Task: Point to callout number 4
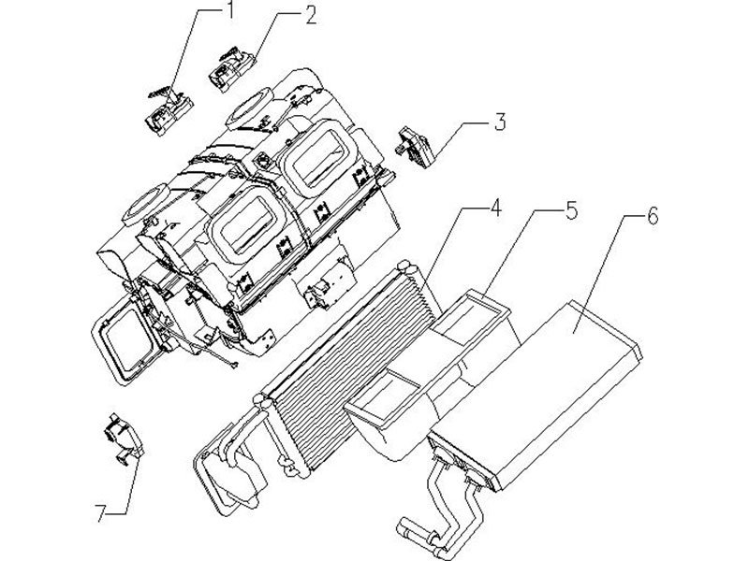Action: coord(496,209)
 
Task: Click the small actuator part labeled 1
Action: coord(167,110)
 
